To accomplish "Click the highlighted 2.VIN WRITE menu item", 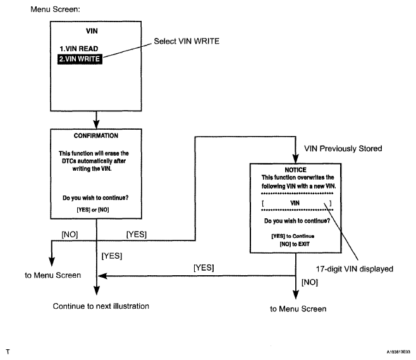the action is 80,59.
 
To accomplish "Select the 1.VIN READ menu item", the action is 79,49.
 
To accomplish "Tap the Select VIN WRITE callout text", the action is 187,41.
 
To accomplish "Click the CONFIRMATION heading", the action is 95,135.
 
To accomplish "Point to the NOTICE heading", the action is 295,170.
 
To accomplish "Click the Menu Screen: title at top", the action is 55,9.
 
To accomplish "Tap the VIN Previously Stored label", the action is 343,149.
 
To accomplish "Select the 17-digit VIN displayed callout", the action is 355,269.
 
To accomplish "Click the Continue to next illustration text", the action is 101,306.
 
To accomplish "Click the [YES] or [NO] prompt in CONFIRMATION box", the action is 93,209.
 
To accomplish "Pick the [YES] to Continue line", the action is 293,236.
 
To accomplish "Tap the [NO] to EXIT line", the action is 295,244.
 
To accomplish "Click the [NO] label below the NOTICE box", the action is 310,282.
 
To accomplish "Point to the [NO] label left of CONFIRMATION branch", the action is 70,235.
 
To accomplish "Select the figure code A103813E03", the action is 398,352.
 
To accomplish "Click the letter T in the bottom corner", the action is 8,352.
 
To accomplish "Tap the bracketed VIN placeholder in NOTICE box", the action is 297,203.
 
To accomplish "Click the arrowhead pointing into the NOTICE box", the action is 295,159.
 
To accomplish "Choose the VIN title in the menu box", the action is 92,31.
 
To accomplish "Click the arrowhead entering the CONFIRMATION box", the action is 96,125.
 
